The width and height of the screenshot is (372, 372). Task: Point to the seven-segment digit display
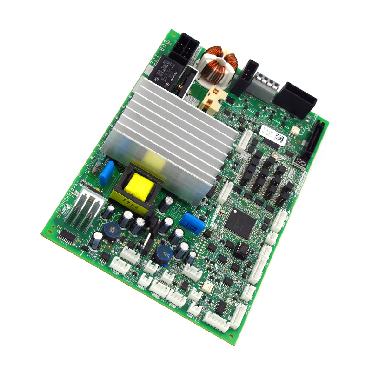[x=300, y=163]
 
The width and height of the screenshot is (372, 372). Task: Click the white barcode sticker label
[x=271, y=135]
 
